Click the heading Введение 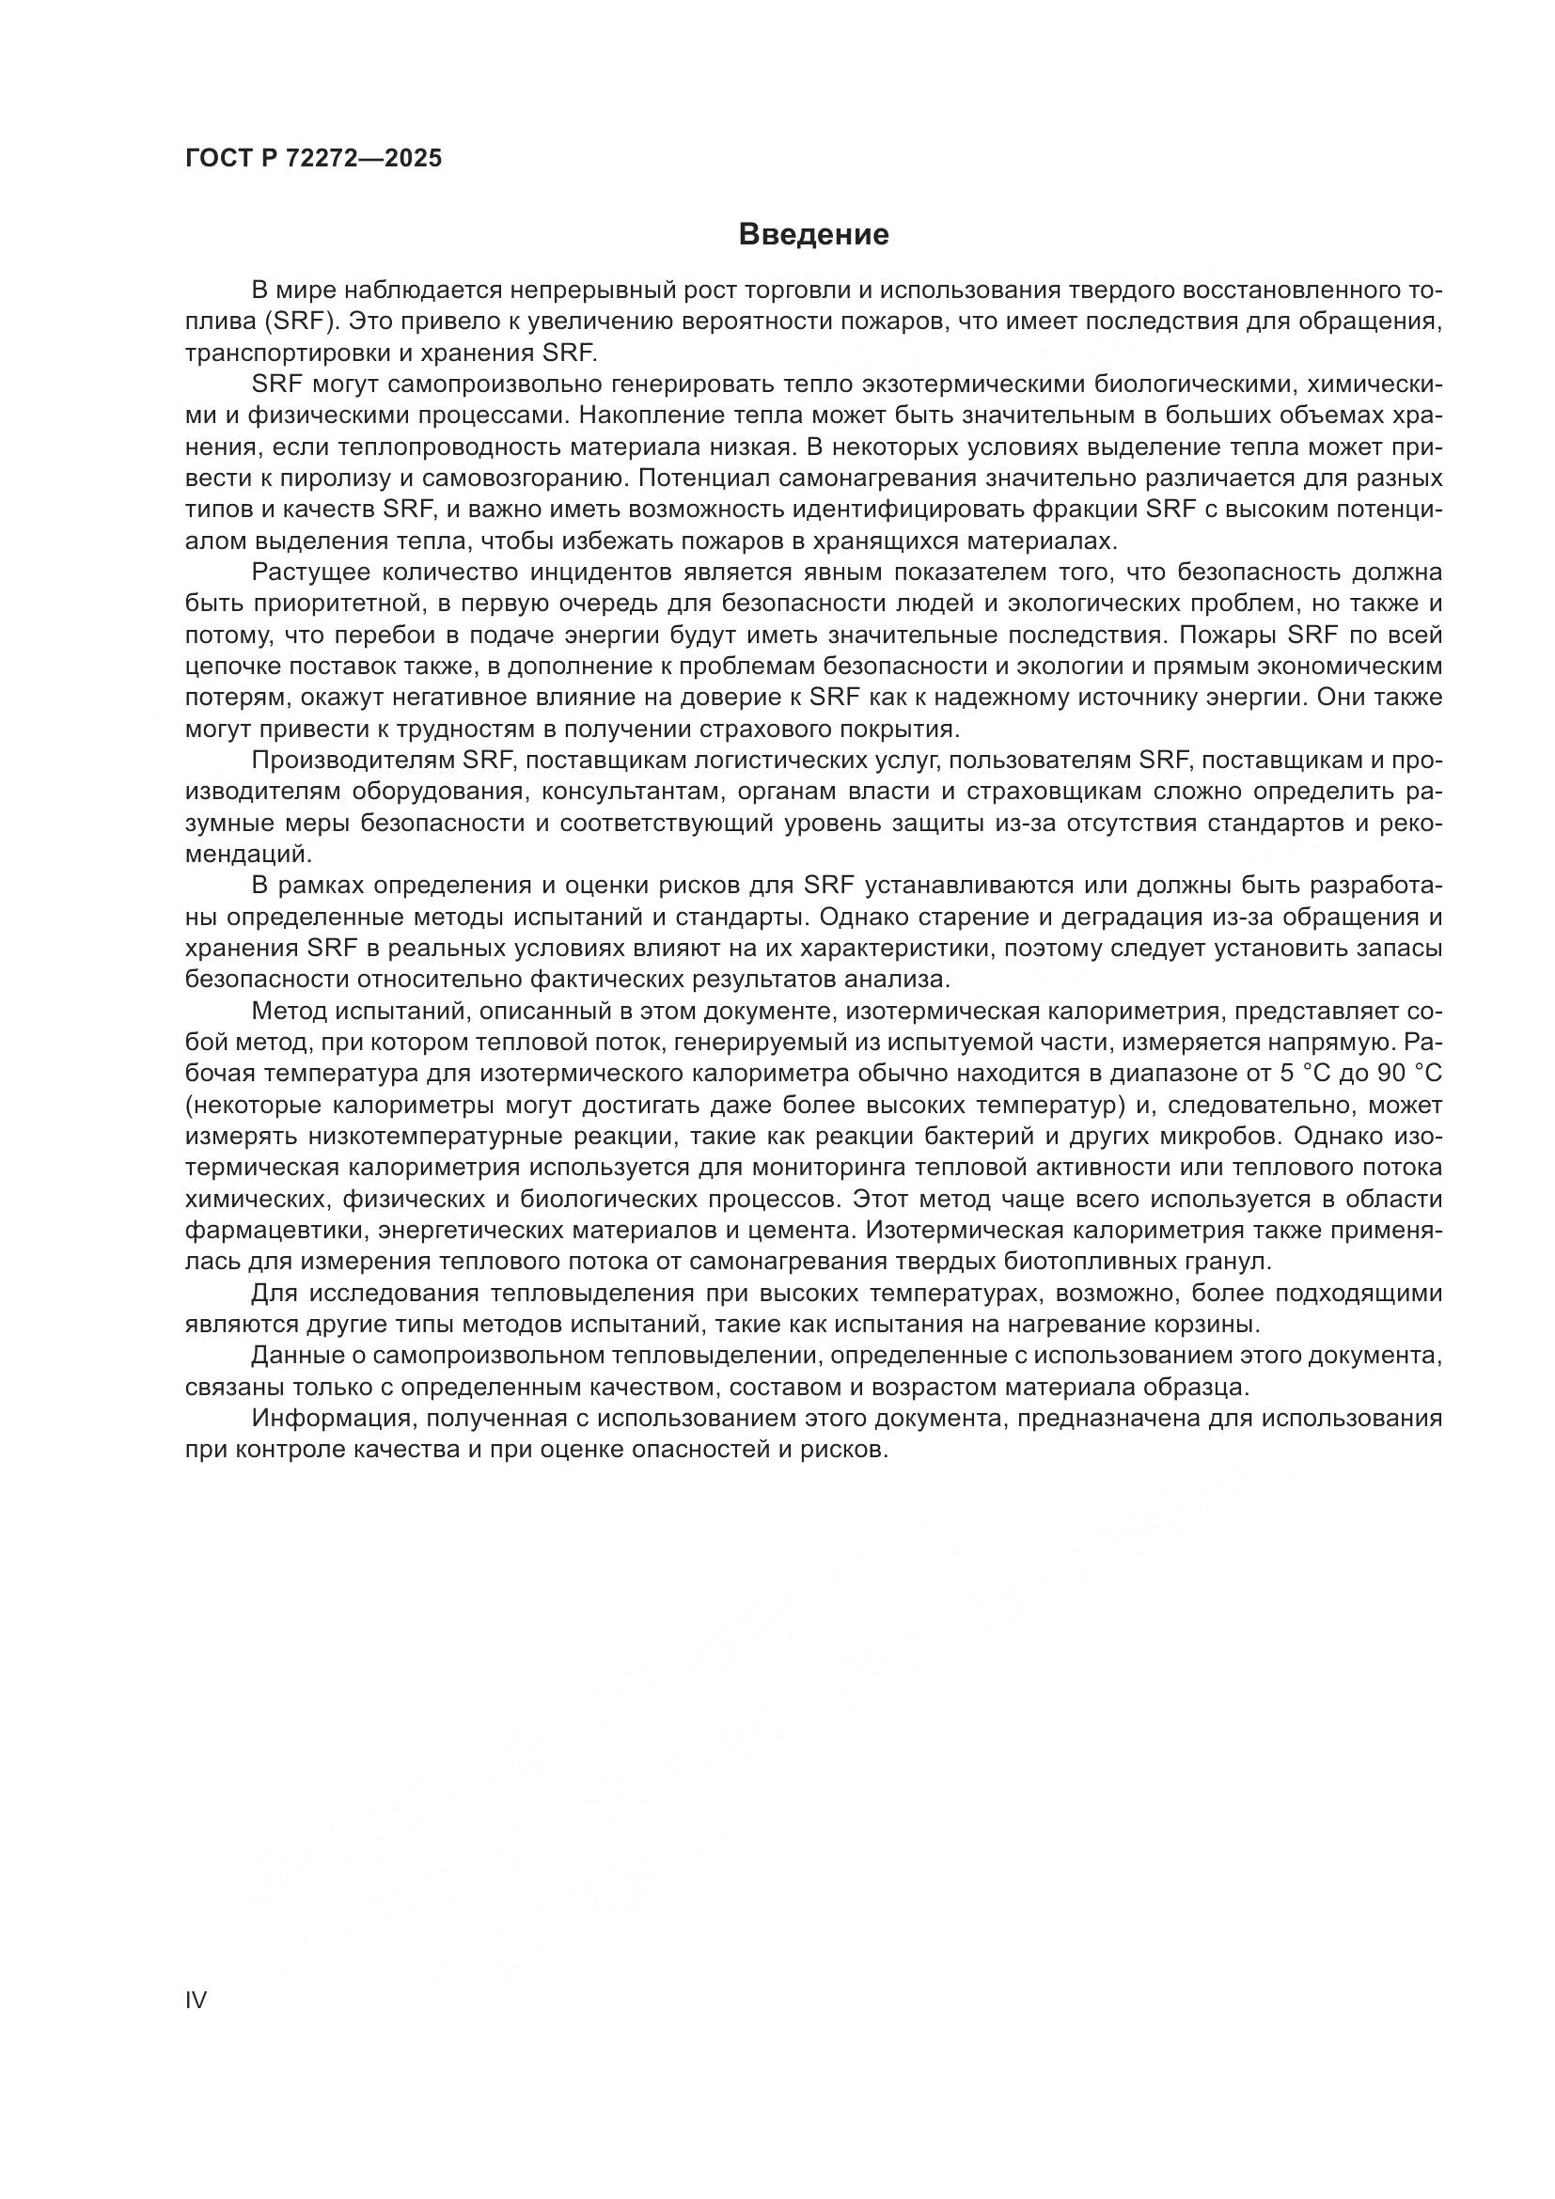[813, 235]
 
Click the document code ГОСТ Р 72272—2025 [314, 159]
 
